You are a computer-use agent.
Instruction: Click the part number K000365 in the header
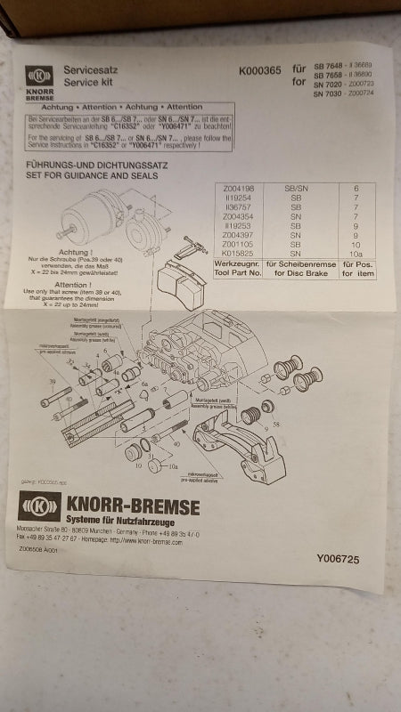pyautogui.click(x=261, y=70)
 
